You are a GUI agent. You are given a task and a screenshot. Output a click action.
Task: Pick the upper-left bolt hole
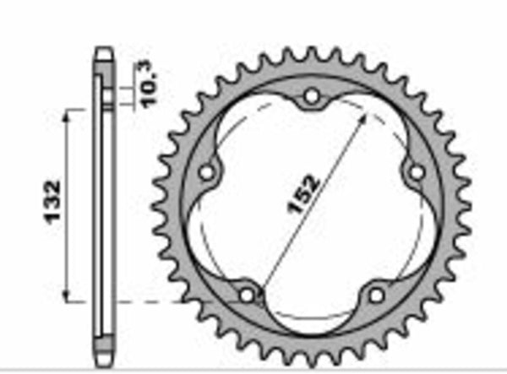point(205,173)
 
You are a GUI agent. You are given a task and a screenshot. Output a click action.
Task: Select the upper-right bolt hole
point(415,172)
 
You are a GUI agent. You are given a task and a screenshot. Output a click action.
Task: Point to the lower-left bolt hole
point(246,295)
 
